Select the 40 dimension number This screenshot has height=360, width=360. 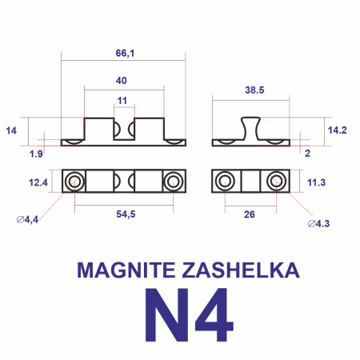pos(121,81)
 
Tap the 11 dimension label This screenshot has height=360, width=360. pos(122,100)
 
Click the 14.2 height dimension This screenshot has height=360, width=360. pos(338,129)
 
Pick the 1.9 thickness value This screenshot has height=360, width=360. pos(36,152)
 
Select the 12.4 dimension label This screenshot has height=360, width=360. pos(38,183)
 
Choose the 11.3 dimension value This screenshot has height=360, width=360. pos(316,182)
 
